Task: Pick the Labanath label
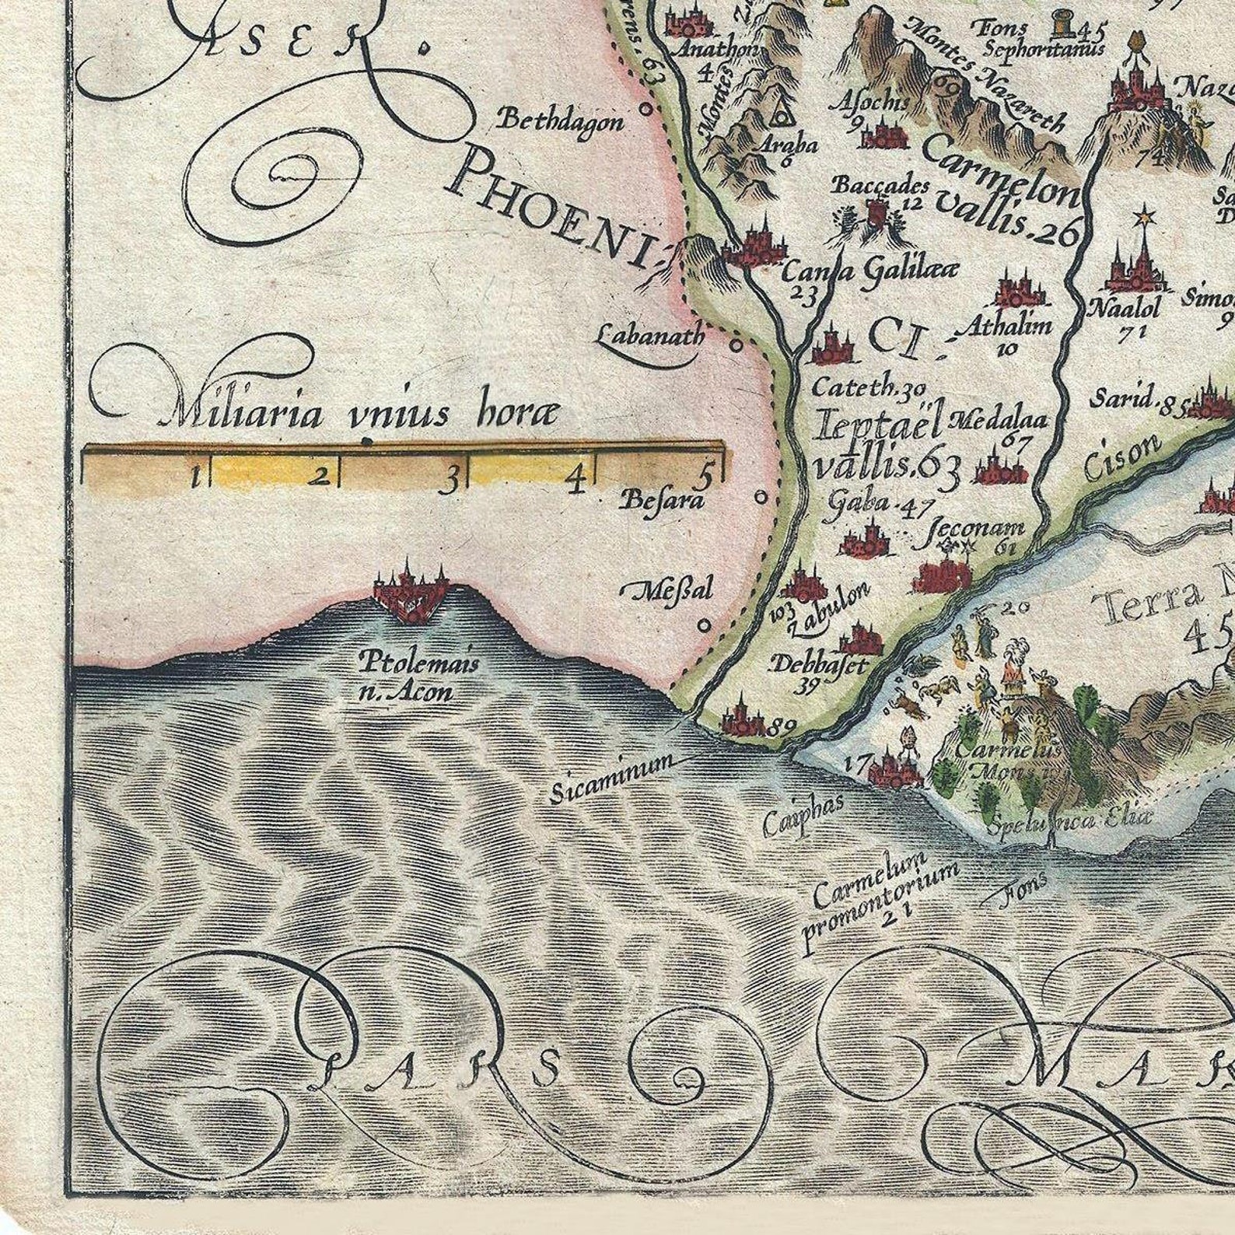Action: [650, 336]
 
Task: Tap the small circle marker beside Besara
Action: [761, 495]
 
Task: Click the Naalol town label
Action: [1124, 308]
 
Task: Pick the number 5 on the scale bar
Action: [706, 474]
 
